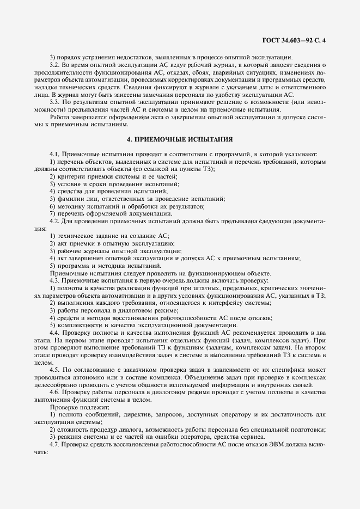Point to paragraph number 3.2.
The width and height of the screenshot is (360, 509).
pyautogui.click(x=56, y=65)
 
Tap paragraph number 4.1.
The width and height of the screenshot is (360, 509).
pyautogui.click(x=56, y=154)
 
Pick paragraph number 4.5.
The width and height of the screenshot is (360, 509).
pyautogui.click(x=56, y=370)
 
